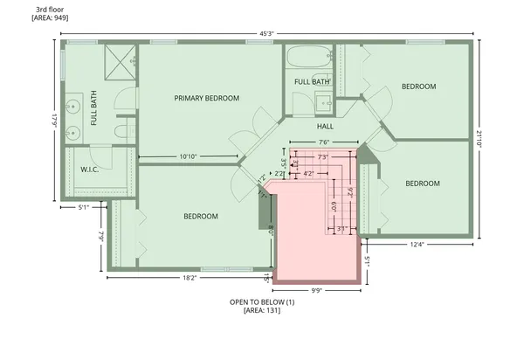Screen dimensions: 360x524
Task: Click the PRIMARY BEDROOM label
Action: coord(206,99)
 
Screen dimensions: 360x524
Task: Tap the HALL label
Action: coord(326,127)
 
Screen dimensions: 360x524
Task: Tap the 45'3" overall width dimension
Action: coord(266,34)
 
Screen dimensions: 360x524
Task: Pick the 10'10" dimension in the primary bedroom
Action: coord(187,157)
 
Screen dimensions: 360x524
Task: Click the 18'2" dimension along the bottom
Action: coord(188,278)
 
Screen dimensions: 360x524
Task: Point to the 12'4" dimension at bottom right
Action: coord(417,245)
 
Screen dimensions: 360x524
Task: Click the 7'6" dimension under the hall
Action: coord(323,142)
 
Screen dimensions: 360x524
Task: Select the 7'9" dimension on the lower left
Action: coord(101,236)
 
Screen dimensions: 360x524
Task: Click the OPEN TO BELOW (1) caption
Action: coord(262,301)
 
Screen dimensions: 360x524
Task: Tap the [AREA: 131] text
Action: coord(262,310)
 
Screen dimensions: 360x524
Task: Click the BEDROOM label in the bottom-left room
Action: coord(200,216)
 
